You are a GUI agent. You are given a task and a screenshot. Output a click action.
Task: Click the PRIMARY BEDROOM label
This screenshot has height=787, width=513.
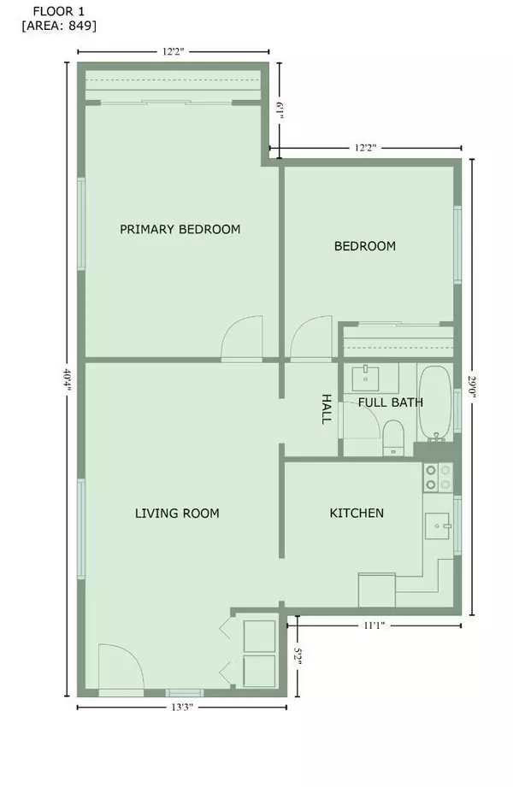[x=180, y=229]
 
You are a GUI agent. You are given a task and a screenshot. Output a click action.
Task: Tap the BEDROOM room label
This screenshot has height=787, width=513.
[x=364, y=246]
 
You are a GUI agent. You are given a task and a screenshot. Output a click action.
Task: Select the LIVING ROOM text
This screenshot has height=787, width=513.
[x=177, y=514]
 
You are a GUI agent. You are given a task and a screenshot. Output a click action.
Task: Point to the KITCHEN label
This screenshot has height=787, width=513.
[x=357, y=514]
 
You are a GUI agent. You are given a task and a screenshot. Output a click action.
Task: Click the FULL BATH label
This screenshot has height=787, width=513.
[x=391, y=402]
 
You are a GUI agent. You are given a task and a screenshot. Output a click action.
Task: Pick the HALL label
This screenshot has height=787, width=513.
[x=326, y=408]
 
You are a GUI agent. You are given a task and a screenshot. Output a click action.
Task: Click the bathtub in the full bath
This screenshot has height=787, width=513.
[x=436, y=401]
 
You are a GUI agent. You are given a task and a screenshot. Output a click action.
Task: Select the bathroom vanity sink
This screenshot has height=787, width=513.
[x=369, y=375]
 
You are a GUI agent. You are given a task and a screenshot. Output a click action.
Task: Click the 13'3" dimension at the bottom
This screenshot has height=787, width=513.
[x=182, y=708]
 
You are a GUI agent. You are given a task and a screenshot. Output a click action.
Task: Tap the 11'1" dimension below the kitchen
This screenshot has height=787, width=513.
[x=374, y=625]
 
